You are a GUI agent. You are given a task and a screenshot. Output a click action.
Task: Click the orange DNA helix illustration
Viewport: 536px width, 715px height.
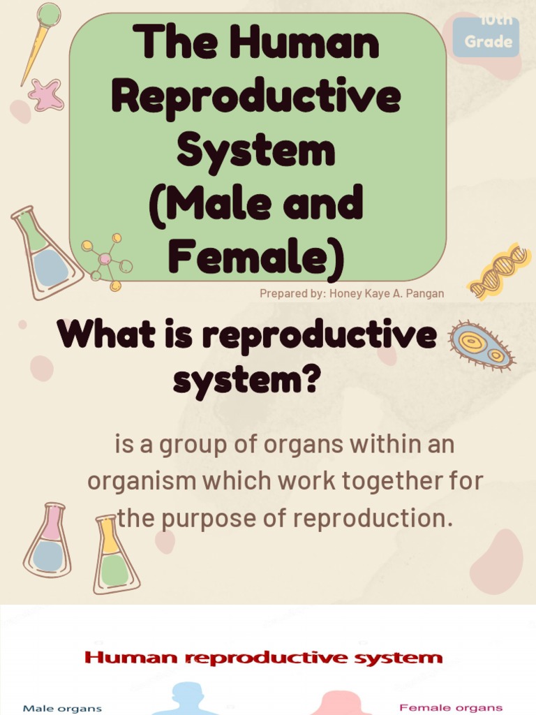coord(499,270)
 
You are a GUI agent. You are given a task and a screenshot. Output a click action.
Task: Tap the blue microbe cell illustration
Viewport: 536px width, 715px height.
coord(481,346)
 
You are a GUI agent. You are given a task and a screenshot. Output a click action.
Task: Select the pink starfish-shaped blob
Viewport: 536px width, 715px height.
coord(46,95)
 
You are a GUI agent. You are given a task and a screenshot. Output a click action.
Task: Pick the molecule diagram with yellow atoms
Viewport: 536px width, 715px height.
coord(107,261)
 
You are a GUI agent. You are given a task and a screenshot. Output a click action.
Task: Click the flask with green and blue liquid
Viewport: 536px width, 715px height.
coord(46,252)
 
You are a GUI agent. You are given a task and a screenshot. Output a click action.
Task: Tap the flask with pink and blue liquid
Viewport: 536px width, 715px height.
coord(48,540)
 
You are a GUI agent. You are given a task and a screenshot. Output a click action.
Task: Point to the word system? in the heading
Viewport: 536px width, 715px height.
coord(246,381)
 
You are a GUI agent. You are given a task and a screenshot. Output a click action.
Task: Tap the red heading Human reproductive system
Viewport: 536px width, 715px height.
coord(264,657)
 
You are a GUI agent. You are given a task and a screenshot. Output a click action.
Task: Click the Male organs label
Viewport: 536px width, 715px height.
coord(62,708)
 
